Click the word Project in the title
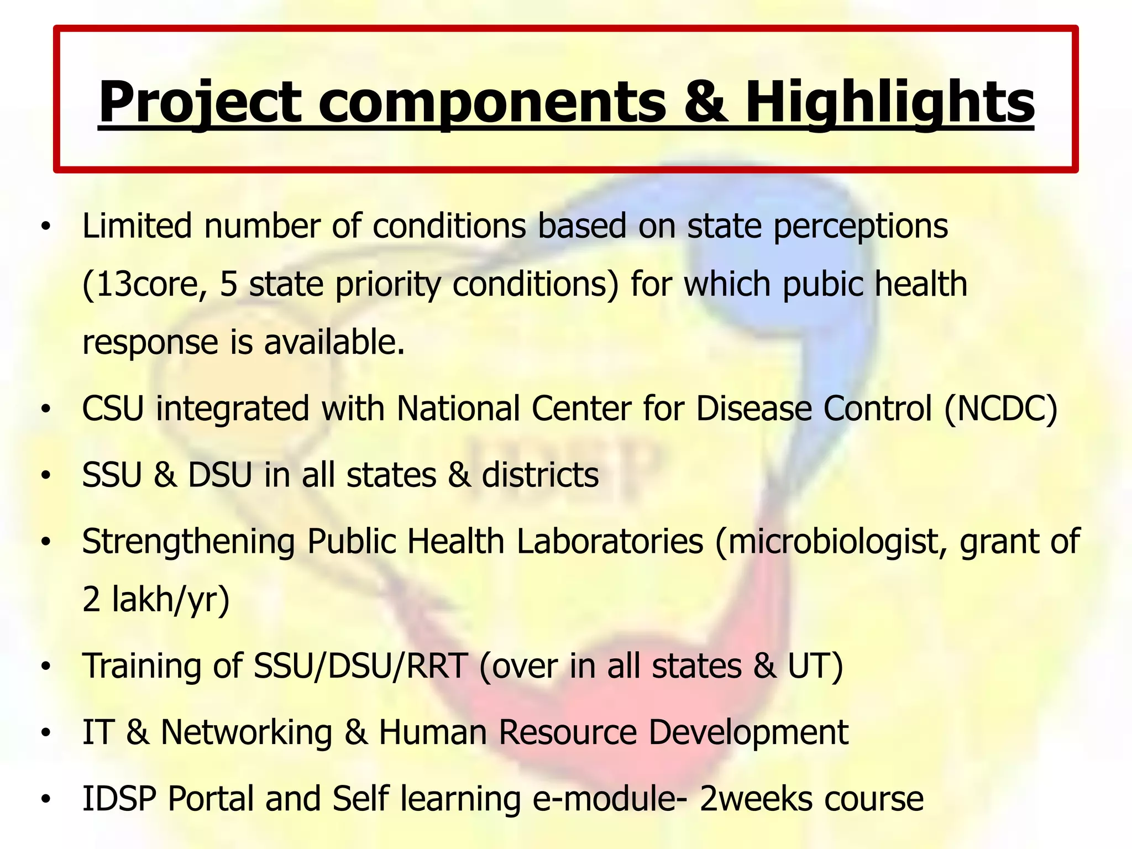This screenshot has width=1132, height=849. tap(199, 102)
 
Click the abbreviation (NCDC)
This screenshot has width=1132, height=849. tap(1001, 409)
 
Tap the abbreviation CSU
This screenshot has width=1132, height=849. tap(113, 409)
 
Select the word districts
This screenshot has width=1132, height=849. tap(540, 475)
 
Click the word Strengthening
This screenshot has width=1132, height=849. tap(188, 542)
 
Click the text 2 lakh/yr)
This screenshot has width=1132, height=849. tap(156, 600)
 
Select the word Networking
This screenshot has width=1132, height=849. tap(247, 732)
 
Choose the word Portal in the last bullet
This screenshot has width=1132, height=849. tap(211, 799)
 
